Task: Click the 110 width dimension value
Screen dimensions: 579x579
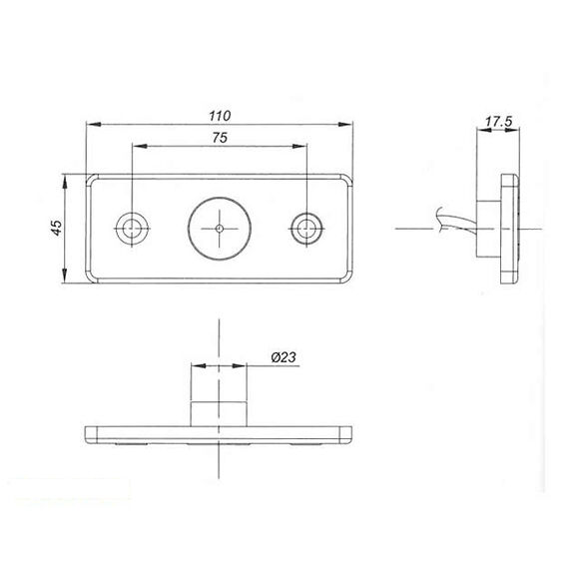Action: click(219, 115)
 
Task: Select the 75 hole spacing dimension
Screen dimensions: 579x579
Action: click(219, 139)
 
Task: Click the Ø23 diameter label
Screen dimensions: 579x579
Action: click(283, 356)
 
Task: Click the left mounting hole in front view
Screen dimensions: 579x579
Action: click(132, 228)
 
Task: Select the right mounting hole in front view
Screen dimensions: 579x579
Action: click(305, 228)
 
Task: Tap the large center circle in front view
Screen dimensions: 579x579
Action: click(219, 228)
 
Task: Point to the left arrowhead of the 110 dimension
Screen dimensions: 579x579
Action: click(92, 126)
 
